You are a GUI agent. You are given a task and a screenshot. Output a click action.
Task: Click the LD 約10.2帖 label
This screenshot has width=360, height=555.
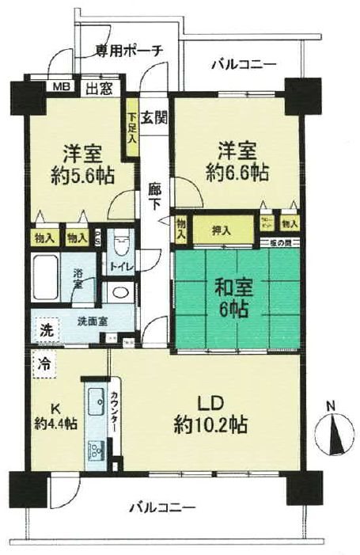click(210, 415)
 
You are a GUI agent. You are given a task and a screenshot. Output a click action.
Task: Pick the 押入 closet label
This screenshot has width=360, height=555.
click(222, 230)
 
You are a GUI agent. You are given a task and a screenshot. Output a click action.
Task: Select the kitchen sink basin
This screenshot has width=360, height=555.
click(95, 404)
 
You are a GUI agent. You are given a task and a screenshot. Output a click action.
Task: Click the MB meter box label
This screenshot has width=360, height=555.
click(61, 87)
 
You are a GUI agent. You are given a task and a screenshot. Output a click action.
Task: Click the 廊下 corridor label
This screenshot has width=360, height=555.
click(154, 199)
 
